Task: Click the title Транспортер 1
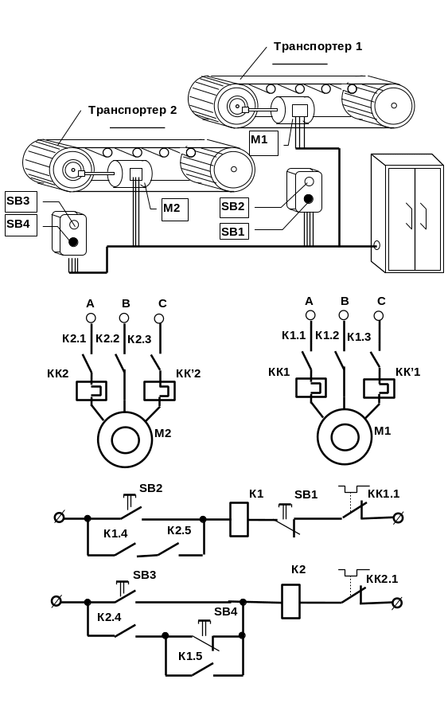(317, 46)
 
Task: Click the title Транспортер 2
(133, 110)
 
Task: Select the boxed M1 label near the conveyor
(263, 143)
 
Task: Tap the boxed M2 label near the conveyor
(175, 209)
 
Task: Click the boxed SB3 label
(21, 201)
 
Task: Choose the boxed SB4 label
(21, 225)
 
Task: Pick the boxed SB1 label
(234, 232)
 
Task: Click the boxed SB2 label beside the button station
(234, 207)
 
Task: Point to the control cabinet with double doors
(407, 213)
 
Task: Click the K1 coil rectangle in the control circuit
(239, 519)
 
